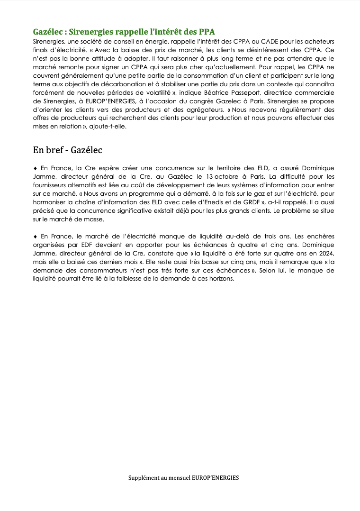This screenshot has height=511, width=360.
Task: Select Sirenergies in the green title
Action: click(x=89, y=32)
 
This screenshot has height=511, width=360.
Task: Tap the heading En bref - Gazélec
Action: click(x=68, y=150)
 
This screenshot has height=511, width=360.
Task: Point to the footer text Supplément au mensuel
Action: click(x=160, y=478)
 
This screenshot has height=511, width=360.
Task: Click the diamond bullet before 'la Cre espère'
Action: click(x=35, y=168)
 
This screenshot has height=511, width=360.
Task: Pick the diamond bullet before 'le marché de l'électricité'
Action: click(x=35, y=236)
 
